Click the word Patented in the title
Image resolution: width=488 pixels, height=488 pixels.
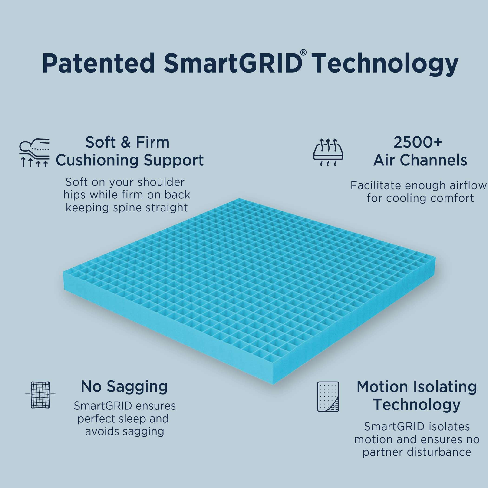pyautogui.click(x=99, y=64)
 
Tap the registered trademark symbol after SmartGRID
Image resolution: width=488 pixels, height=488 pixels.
pyautogui.click(x=303, y=53)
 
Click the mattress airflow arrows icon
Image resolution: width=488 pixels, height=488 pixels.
pyautogui.click(x=328, y=152)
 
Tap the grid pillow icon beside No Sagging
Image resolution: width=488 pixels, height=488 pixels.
pyautogui.click(x=40, y=395)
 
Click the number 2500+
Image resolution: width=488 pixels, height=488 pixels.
pyautogui.click(x=418, y=142)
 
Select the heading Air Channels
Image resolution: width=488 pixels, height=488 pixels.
pyautogui.click(x=420, y=160)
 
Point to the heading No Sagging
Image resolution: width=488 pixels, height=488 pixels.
pyautogui.click(x=124, y=386)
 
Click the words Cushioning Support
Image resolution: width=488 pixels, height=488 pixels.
pyautogui.click(x=130, y=160)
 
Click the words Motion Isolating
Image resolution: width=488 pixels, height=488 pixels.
pyautogui.click(x=416, y=387)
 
